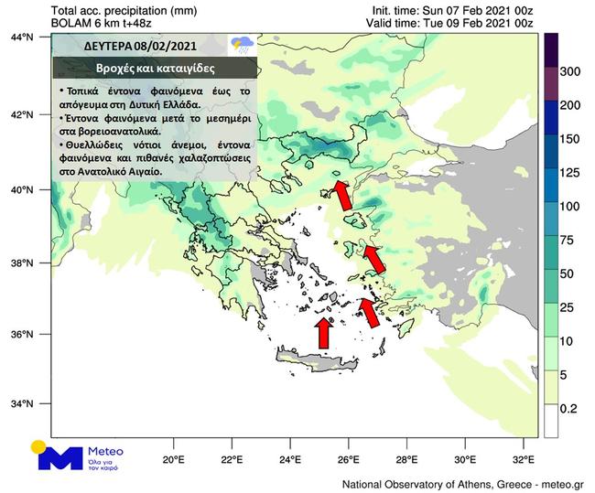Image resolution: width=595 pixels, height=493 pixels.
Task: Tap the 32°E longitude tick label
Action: (523, 459)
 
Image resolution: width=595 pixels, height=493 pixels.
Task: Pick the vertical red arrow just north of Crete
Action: (323, 332)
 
